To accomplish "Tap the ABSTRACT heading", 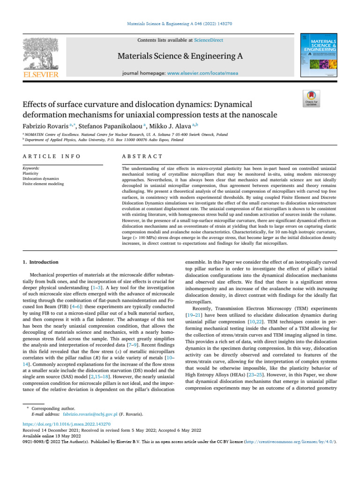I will (142, 156).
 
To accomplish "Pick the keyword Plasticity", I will (30, 173).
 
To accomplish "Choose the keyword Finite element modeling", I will (43, 184).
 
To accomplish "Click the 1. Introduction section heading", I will (41, 262).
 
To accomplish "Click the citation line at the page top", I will (180, 23).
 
